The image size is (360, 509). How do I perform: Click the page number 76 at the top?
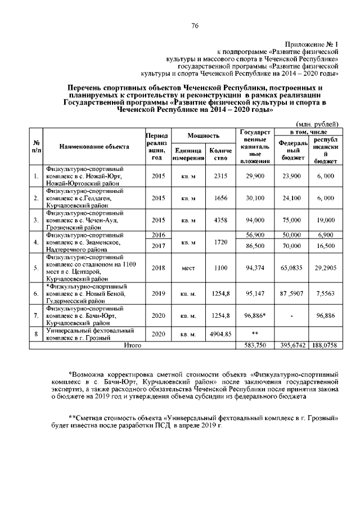(195, 26)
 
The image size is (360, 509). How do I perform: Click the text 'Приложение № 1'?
(311, 44)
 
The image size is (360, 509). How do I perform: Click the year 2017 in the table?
(158, 246)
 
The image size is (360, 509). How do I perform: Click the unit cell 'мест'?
(188, 268)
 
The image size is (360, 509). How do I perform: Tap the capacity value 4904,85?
(220, 334)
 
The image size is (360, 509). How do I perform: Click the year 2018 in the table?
(158, 268)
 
